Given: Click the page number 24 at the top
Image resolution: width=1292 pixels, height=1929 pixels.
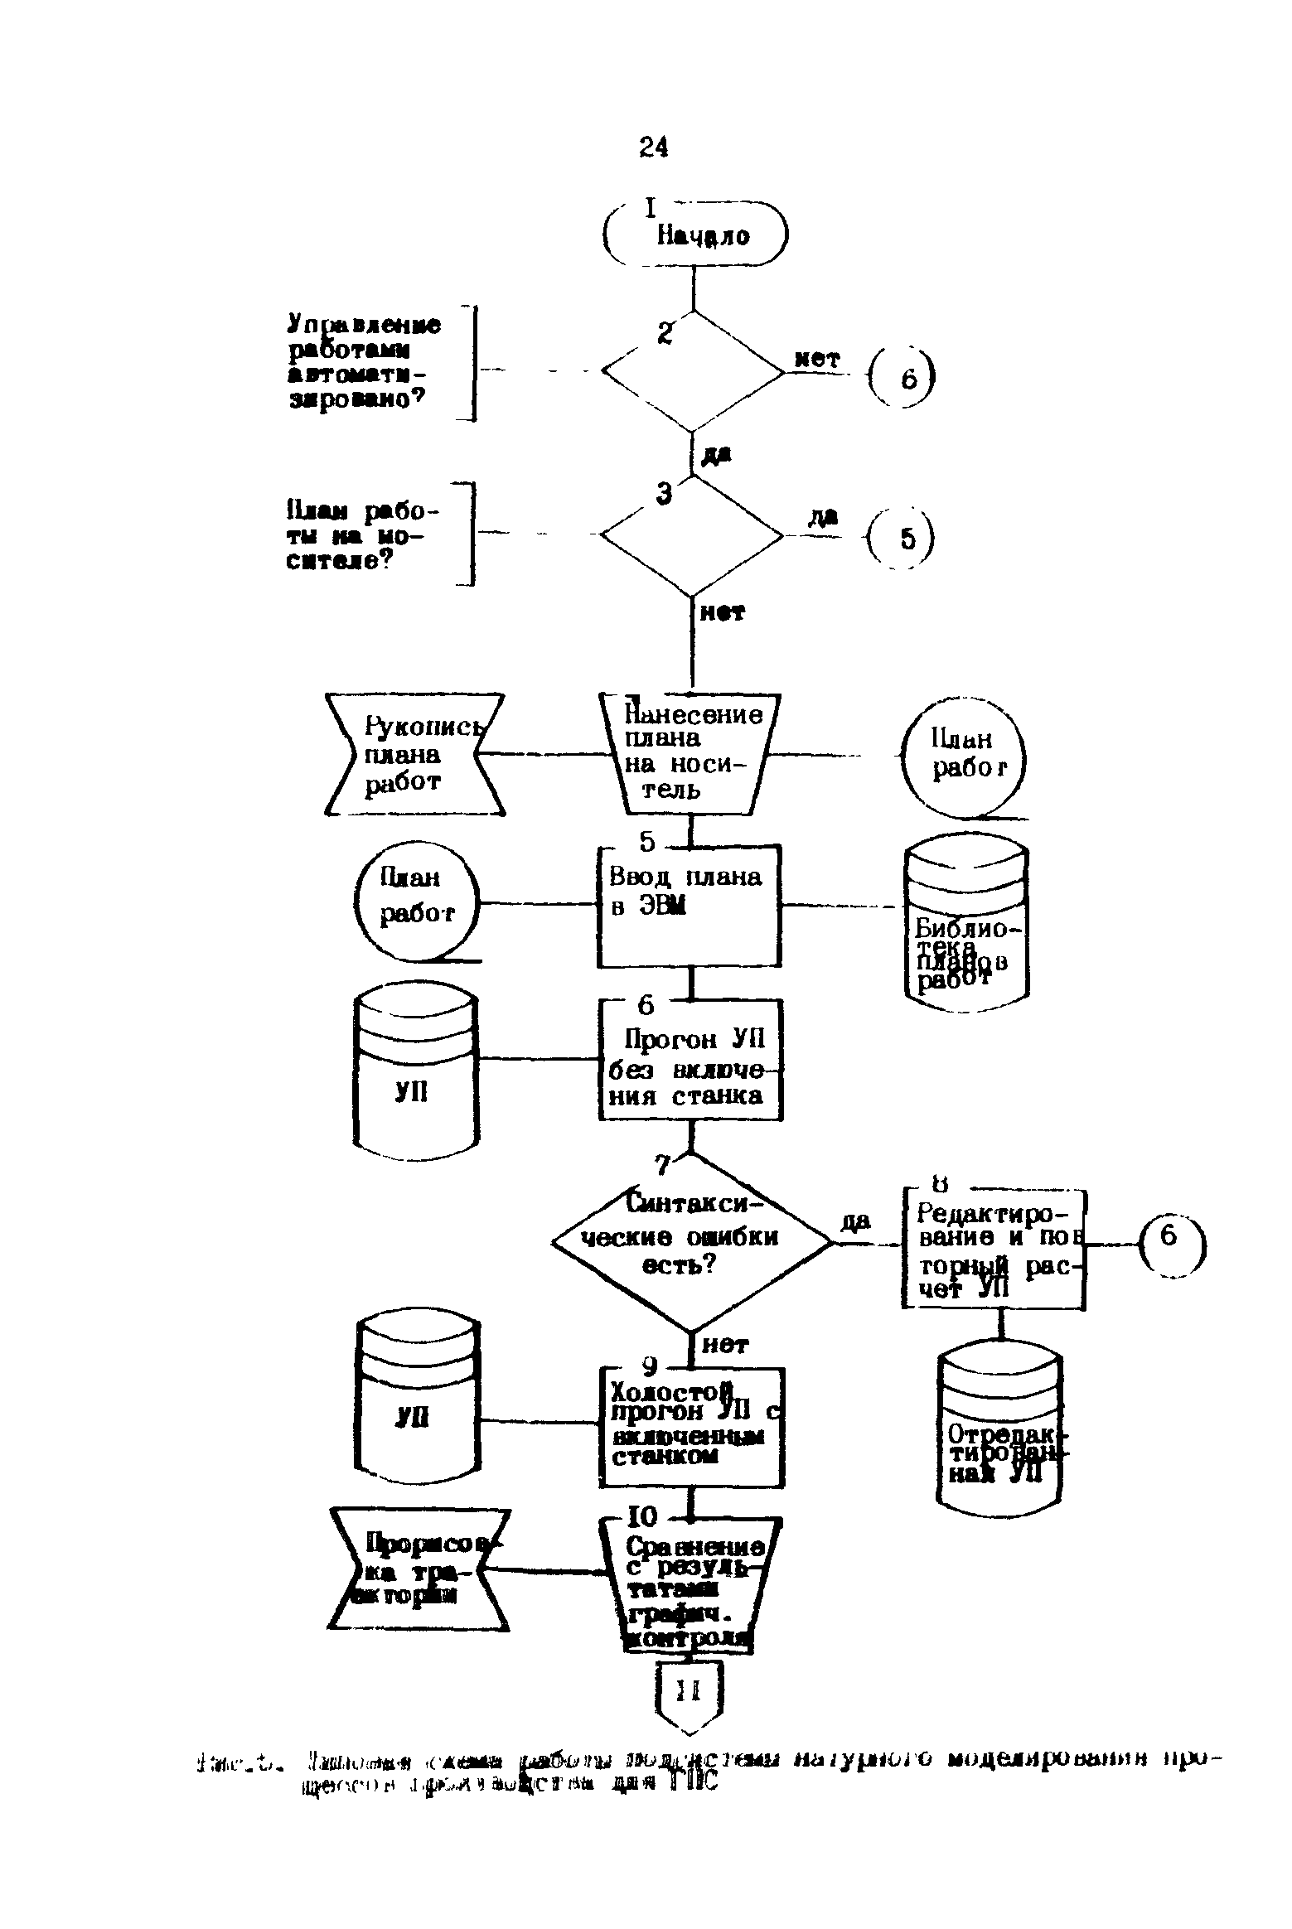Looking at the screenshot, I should click(653, 147).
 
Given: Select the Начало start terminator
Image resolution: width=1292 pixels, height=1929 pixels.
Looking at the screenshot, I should click(694, 235).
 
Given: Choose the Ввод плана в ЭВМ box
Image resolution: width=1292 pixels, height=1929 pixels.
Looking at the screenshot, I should click(690, 906).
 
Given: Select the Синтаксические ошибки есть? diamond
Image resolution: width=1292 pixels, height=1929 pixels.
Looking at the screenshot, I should click(691, 1242).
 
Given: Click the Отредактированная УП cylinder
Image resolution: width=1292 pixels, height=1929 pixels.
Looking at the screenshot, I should click(1001, 1431).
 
